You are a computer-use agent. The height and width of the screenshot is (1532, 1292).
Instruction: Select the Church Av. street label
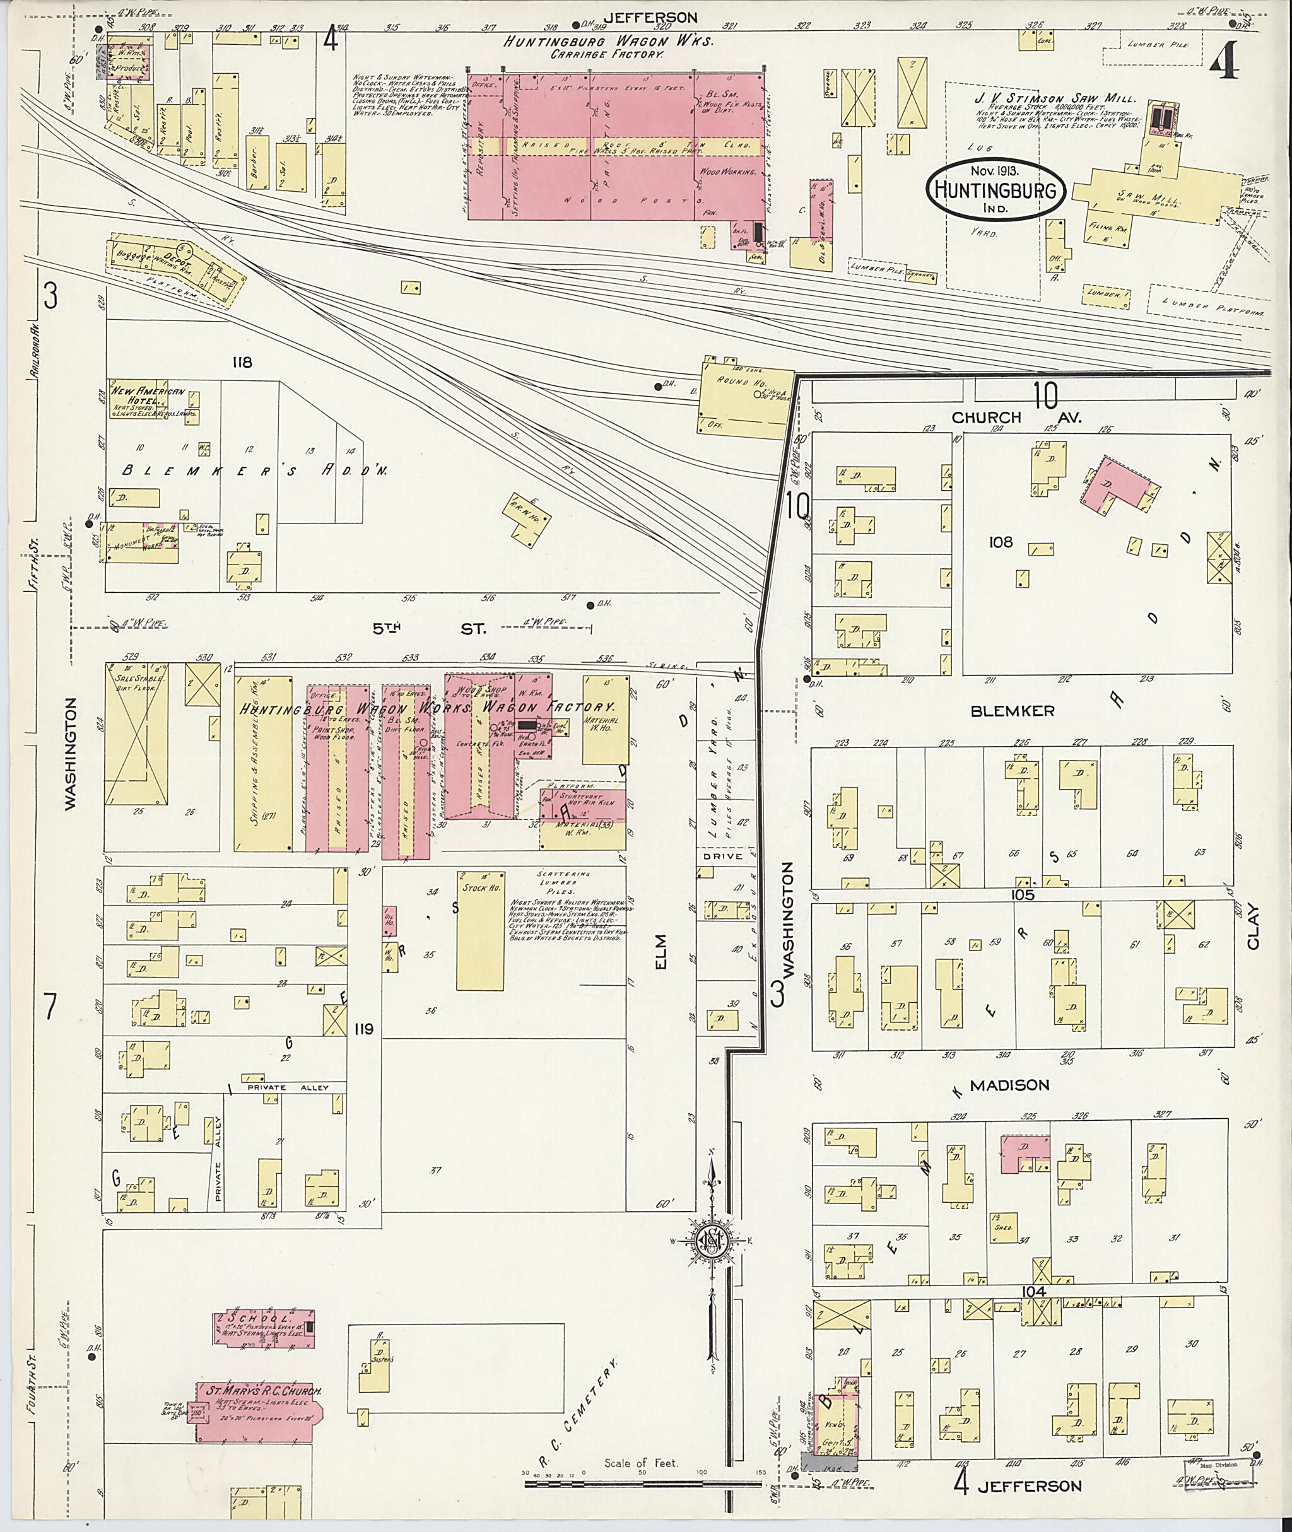pyautogui.click(x=1018, y=417)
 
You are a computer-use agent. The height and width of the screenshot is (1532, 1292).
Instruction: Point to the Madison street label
pyautogui.click(x=1009, y=1085)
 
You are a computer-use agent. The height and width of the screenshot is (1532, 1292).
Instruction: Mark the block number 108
pyautogui.click(x=1000, y=542)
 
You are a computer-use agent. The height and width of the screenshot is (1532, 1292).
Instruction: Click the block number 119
pyautogui.click(x=363, y=1029)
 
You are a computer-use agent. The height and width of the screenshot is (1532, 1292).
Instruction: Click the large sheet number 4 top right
pyautogui.click(x=1224, y=62)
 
